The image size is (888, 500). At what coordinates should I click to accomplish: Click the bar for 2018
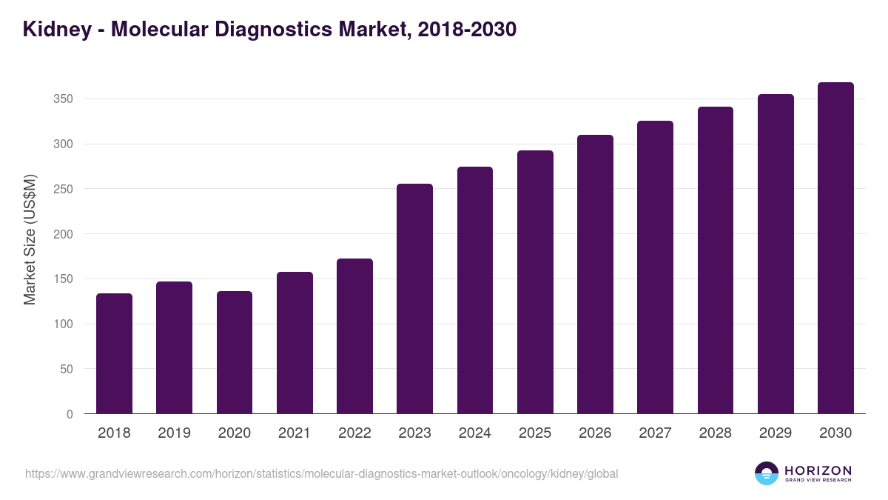pos(114,353)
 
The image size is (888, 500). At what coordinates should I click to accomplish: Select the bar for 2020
pos(235,353)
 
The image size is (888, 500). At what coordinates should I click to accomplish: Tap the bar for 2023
pos(414,299)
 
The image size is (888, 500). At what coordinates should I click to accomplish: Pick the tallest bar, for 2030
pos(835,248)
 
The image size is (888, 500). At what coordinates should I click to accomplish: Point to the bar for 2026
pos(595,274)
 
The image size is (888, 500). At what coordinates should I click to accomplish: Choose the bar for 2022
pos(354,336)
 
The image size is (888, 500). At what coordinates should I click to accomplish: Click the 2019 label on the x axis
pos(174,433)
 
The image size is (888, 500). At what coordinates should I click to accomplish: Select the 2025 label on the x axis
pos(535,433)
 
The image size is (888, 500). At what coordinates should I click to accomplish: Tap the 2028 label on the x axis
pos(716,433)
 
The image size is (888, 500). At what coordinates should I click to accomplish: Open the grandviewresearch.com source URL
pos(321,473)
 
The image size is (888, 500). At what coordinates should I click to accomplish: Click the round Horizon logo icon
pos(767,473)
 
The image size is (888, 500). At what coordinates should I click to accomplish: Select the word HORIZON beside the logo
pos(818,470)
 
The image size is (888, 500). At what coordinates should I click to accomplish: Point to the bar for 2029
pos(776,254)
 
